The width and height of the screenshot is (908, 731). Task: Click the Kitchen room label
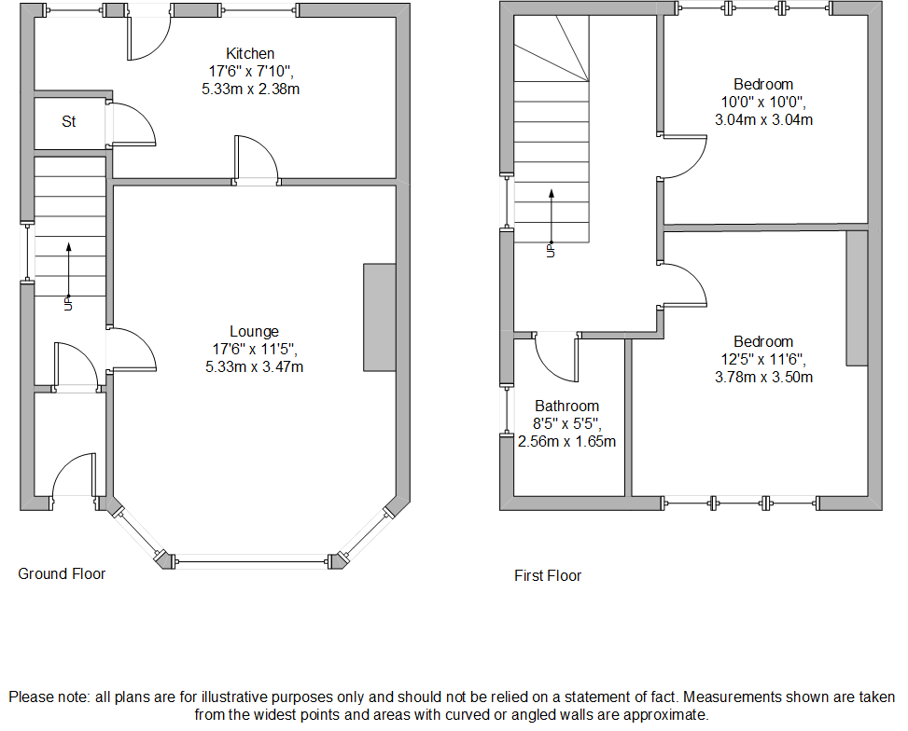pyautogui.click(x=249, y=53)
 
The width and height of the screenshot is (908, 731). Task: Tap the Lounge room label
pyautogui.click(x=254, y=331)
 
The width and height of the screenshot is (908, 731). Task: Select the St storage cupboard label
pyautogui.click(x=69, y=121)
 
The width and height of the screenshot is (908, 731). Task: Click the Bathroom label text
pyautogui.click(x=566, y=407)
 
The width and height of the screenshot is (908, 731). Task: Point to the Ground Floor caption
pyautogui.click(x=62, y=573)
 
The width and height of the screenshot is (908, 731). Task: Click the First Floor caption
pyautogui.click(x=548, y=575)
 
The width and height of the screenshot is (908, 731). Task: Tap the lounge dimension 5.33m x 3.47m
pyautogui.click(x=254, y=366)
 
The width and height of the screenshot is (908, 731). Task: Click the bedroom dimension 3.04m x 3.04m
pyautogui.click(x=762, y=119)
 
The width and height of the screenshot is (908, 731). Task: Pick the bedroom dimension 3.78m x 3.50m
pyautogui.click(x=762, y=377)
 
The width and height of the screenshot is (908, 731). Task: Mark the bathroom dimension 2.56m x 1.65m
pyautogui.click(x=566, y=441)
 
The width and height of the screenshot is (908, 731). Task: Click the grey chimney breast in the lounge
pyautogui.click(x=379, y=318)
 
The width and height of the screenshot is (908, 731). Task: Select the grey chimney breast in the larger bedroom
pyautogui.click(x=857, y=297)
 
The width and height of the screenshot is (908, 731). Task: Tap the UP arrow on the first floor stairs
pyautogui.click(x=552, y=219)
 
